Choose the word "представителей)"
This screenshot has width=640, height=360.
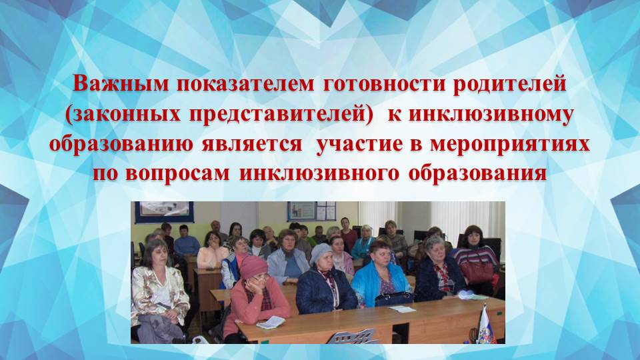point(273,115)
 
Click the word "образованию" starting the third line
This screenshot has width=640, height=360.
point(114,145)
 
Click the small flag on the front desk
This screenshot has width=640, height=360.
point(485,323)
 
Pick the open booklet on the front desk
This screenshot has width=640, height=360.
point(271,323)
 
